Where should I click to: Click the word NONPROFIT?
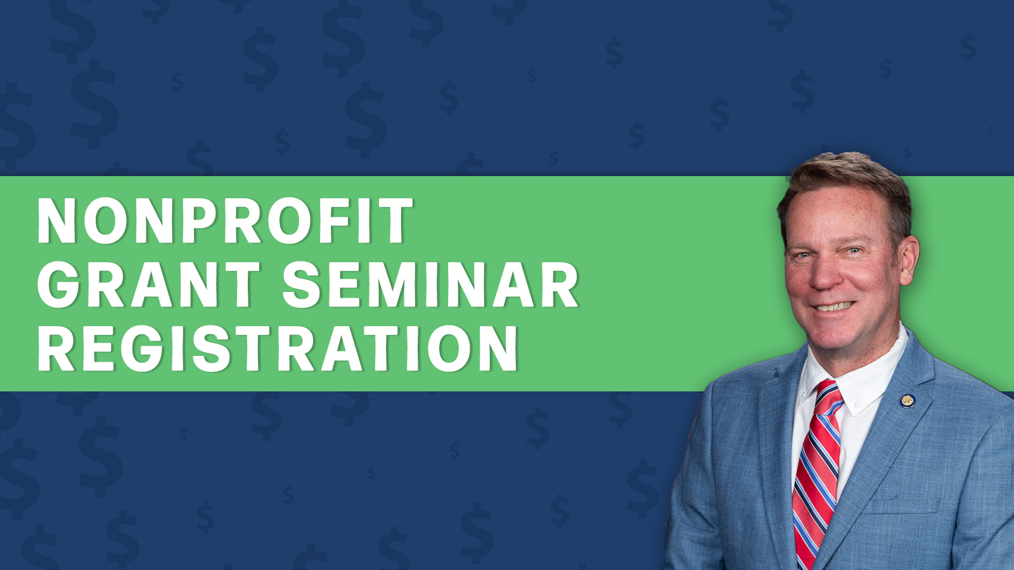click(225, 220)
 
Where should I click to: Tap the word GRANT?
click(148, 284)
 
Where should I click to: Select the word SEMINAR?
click(430, 284)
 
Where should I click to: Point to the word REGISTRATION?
click(277, 348)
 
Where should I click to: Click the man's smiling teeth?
click(834, 307)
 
